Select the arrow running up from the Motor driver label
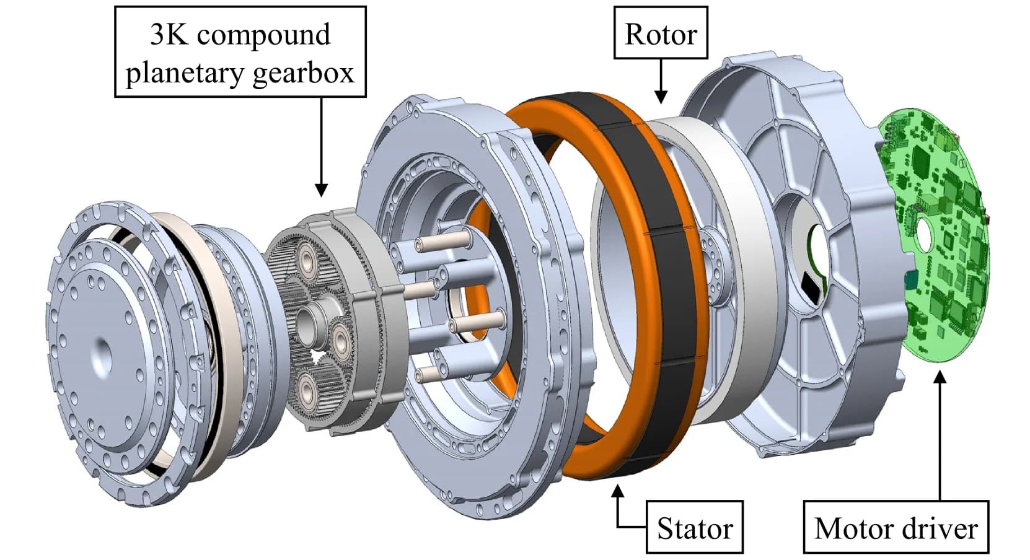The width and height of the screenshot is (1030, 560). [x=940, y=434]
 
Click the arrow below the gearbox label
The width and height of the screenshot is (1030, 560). [x=321, y=149]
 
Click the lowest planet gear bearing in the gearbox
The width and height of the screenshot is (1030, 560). [x=307, y=389]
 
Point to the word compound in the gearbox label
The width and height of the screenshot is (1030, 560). [x=263, y=35]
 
